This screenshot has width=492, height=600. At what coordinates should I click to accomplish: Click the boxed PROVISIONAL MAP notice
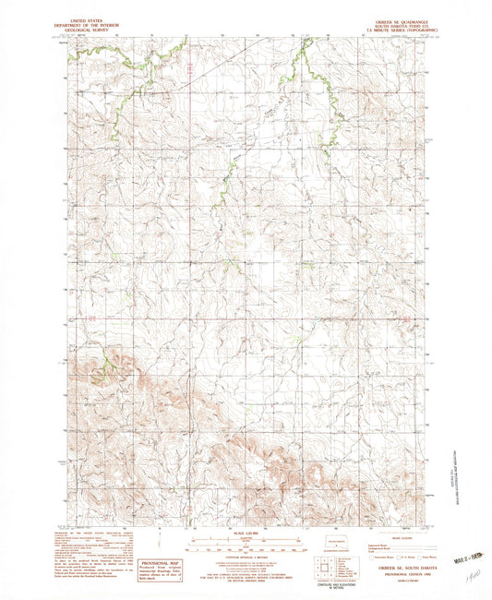[158, 567]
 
